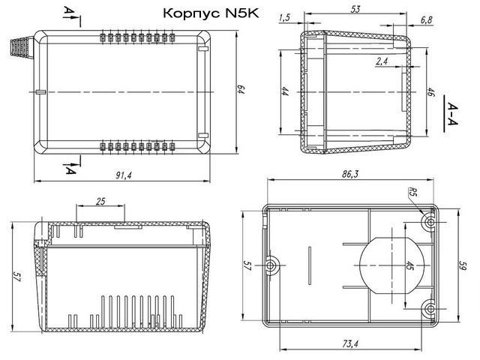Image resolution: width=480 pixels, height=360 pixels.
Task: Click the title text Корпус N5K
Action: (211, 13)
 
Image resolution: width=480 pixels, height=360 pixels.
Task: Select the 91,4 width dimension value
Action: (124, 175)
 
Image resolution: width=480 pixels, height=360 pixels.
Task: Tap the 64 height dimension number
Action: (241, 90)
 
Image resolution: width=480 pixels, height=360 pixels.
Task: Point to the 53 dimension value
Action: (355, 9)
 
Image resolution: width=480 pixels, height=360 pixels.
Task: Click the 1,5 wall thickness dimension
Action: (284, 18)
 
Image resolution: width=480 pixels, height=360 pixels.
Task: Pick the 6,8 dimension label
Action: (427, 20)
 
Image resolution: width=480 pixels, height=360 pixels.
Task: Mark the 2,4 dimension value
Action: (382, 61)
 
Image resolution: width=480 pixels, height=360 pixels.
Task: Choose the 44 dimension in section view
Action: (285, 91)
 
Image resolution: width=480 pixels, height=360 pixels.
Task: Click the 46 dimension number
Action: (430, 92)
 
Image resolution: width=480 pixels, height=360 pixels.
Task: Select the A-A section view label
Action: (452, 114)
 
